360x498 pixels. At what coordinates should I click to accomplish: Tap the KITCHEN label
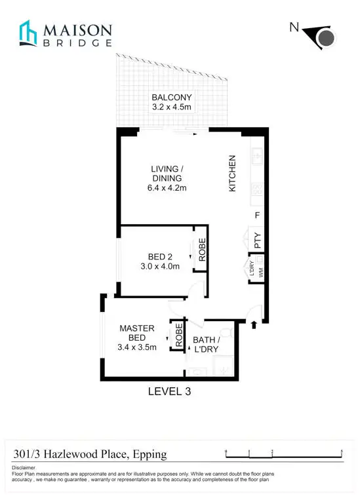231,173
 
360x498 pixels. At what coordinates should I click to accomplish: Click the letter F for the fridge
257,215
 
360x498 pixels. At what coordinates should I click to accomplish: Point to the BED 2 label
160,256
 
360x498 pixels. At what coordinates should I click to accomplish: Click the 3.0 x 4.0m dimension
160,267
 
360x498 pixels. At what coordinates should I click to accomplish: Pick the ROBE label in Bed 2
203,251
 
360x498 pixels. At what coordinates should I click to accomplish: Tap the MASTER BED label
136,332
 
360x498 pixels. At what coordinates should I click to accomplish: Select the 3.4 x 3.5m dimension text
136,347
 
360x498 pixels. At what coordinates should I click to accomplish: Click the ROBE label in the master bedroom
176,335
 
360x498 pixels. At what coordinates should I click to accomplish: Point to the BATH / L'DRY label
205,345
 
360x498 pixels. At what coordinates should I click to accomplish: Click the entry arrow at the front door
254,322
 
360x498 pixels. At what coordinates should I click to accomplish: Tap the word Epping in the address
149,453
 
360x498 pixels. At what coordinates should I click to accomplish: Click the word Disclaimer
25,467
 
